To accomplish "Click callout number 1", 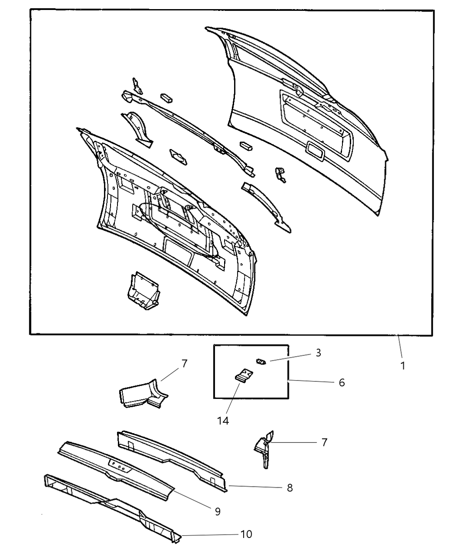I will coord(403,365).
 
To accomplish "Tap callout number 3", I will coord(318,353).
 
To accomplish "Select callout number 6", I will coord(342,383).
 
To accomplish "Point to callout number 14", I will coord(223,420).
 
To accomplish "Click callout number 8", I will coord(290,488).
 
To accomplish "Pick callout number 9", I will coord(218,511).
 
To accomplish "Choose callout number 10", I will coord(246,534).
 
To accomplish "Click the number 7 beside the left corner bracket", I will coord(184,364).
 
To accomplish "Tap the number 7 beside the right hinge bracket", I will coord(323,442).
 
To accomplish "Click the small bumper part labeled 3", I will coord(260,361).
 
